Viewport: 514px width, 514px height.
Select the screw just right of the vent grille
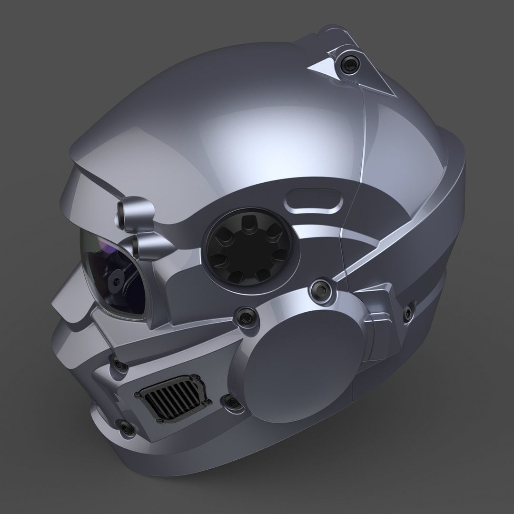(x=232, y=403)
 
